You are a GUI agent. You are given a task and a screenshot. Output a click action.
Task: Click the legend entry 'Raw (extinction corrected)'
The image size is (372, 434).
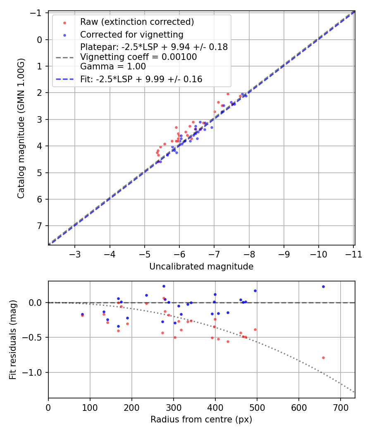pyautogui.click(x=137, y=22)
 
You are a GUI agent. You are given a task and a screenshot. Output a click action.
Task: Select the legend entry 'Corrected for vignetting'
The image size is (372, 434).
pyautogui.click(x=131, y=34)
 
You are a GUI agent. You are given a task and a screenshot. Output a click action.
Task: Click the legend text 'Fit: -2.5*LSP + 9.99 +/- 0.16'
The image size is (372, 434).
pyautogui.click(x=141, y=79)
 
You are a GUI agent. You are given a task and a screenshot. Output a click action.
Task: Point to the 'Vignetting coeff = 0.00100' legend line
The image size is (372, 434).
pyautogui.click(x=138, y=57)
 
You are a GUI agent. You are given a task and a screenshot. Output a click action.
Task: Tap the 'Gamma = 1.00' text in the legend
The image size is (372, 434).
pyautogui.click(x=113, y=66)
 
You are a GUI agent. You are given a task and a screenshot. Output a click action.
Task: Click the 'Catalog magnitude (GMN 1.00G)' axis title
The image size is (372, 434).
pyautogui.click(x=21, y=128)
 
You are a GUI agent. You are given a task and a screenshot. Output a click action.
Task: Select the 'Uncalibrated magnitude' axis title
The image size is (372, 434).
pyautogui.click(x=201, y=267)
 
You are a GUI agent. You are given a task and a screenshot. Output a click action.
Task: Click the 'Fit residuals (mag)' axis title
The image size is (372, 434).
pyautogui.click(x=13, y=340)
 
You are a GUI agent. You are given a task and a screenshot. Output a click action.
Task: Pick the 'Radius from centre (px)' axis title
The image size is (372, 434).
pyautogui.click(x=201, y=420)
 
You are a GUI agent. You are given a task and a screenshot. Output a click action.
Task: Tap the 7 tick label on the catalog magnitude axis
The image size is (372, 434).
pyautogui.click(x=40, y=226)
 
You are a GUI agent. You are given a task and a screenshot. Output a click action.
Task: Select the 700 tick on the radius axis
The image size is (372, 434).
pyautogui.click(x=340, y=407)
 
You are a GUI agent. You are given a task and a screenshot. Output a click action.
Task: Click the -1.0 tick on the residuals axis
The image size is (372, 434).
pyautogui.click(x=34, y=372)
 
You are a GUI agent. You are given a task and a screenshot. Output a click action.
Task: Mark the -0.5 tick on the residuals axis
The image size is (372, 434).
pyautogui.click(x=34, y=337)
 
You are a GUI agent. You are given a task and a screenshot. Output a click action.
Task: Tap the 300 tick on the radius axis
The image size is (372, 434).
pyautogui.click(x=174, y=407)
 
